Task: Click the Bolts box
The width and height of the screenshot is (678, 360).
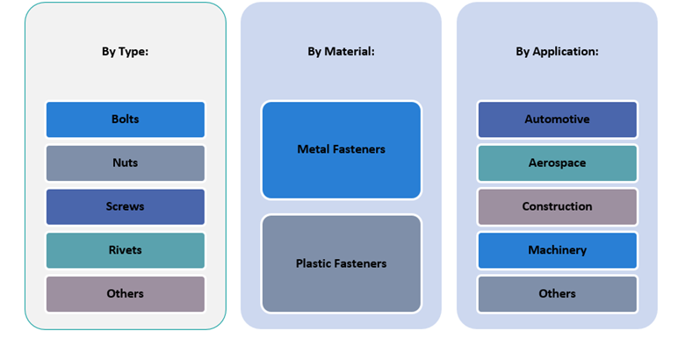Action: (125, 119)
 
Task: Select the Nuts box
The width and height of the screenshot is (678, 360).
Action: (125, 163)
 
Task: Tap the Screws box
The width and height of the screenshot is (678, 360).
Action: (125, 207)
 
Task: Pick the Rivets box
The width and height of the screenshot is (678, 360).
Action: (125, 250)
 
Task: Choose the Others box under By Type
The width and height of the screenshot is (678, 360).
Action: (125, 294)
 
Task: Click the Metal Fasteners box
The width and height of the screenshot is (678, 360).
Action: (341, 150)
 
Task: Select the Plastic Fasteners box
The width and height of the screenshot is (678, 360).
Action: (341, 263)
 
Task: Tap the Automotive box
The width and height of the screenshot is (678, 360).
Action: (557, 119)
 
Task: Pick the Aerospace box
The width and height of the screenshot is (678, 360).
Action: (557, 163)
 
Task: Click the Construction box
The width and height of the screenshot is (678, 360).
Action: (557, 207)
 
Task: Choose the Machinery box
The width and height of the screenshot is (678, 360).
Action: (557, 250)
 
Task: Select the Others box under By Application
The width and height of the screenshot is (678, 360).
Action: (557, 294)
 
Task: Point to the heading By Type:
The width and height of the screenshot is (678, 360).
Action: (125, 52)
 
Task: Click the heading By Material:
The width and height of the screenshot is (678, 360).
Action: (341, 52)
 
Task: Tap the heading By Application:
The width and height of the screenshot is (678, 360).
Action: (557, 52)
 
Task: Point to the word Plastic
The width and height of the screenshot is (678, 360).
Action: (314, 263)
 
